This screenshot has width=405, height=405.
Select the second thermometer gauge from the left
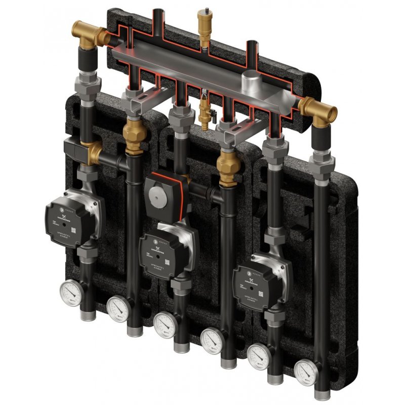point(117,308)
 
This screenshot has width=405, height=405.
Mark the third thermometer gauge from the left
point(165,324)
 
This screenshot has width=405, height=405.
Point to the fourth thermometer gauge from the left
point(212,340)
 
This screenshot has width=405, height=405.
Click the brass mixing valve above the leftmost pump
point(92,152)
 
